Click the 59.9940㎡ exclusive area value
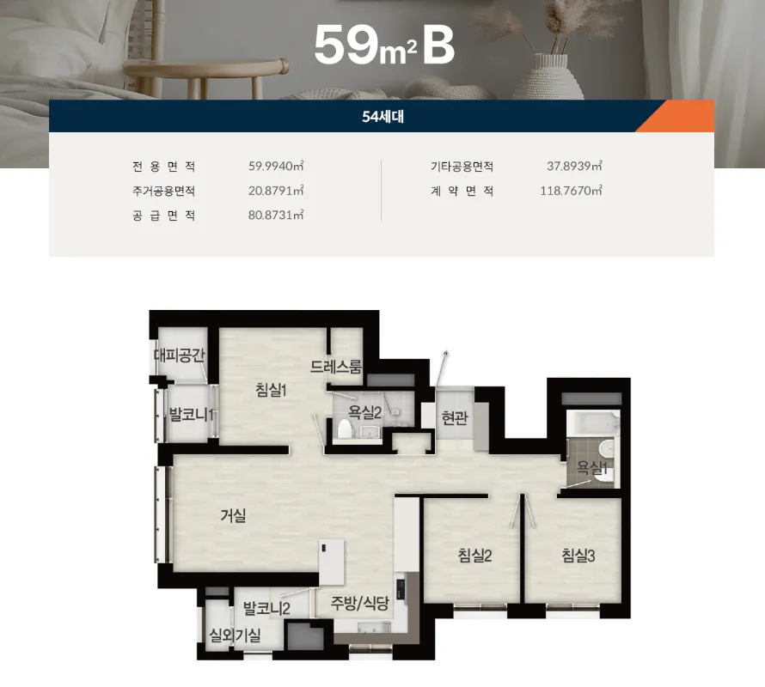(x=276, y=166)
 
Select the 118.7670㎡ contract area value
(x=571, y=191)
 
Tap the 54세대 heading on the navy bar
(x=383, y=117)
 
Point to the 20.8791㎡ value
(x=276, y=191)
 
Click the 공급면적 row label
(x=164, y=216)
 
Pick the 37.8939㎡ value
(x=574, y=166)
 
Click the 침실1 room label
(x=271, y=390)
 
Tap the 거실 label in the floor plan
(x=233, y=515)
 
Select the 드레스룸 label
(x=336, y=367)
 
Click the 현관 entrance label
(x=455, y=418)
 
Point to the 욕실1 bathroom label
(x=592, y=468)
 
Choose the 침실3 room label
(x=578, y=556)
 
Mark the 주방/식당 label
(x=360, y=603)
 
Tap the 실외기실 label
(x=236, y=635)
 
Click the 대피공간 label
(x=179, y=355)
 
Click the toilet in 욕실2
(x=345, y=429)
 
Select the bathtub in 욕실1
(x=593, y=423)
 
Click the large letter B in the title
(x=438, y=45)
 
